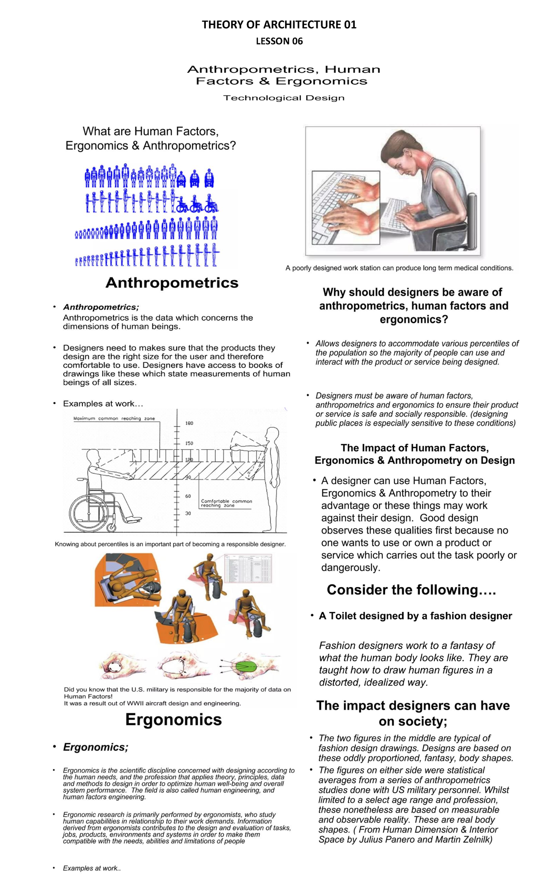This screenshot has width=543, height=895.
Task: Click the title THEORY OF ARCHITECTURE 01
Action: (279, 24)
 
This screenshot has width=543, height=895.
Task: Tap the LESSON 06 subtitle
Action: (279, 41)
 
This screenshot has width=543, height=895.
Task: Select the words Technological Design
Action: (284, 98)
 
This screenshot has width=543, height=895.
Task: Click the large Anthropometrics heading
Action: (171, 283)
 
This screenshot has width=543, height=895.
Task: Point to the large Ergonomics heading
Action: (173, 720)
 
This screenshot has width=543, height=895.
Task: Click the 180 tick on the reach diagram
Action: (189, 423)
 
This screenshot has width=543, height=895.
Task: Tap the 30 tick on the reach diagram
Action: (188, 513)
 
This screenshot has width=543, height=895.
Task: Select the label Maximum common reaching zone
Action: (114, 419)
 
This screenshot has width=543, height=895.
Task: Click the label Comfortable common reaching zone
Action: (226, 503)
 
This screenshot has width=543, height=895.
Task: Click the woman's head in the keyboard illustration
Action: (403, 149)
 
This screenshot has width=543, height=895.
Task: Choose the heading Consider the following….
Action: (411, 590)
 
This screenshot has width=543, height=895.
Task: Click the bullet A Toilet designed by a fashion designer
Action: (415, 616)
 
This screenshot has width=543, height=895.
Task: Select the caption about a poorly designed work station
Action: (399, 268)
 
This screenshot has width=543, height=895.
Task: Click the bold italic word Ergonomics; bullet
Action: (95, 747)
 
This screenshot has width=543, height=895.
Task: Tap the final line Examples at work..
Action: (92, 868)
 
